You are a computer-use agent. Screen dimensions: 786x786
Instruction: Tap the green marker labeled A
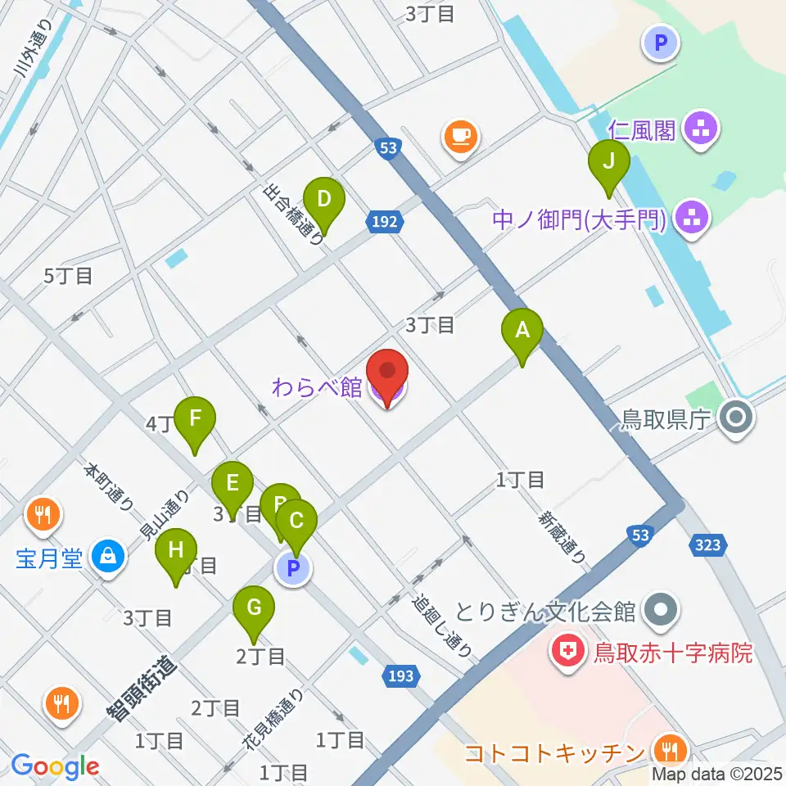click(523, 332)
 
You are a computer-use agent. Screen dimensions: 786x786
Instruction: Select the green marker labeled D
click(323, 201)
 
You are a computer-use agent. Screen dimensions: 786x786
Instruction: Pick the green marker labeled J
click(608, 164)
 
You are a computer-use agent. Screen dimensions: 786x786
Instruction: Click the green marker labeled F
click(194, 421)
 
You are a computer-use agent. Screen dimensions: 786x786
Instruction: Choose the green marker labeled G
click(254, 610)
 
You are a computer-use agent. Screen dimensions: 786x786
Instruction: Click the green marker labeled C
click(296, 524)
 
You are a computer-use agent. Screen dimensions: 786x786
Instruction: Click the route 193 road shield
click(400, 675)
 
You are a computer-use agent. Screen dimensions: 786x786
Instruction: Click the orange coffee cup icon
click(460, 135)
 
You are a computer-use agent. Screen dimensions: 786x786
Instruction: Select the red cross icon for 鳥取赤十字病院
click(566, 653)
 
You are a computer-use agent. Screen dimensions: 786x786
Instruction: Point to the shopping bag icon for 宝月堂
click(108, 559)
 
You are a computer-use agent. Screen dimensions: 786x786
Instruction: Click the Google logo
click(54, 766)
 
